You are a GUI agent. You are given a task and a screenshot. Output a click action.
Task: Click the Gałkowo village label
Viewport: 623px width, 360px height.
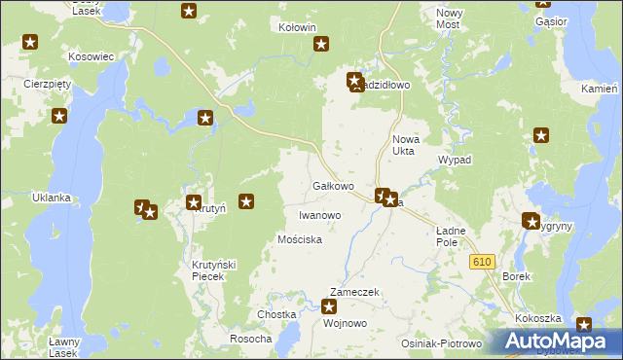pyautogui.click(x=332, y=186)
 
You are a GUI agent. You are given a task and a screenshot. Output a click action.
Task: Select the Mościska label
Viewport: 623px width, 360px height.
pyautogui.click(x=300, y=239)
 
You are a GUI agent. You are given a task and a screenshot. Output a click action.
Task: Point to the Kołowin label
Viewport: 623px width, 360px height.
pyautogui.click(x=297, y=28)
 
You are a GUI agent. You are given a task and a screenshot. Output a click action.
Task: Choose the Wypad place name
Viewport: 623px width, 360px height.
pyautogui.click(x=455, y=160)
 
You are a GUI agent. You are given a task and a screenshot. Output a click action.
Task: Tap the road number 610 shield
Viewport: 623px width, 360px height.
pyautogui.click(x=482, y=263)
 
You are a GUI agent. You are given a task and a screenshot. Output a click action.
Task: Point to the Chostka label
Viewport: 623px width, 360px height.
pyautogui.click(x=275, y=314)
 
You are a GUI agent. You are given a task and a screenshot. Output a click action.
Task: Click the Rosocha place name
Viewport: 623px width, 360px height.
pyautogui.click(x=250, y=339)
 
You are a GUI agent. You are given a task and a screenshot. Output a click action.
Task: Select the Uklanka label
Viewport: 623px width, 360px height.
pyautogui.click(x=52, y=198)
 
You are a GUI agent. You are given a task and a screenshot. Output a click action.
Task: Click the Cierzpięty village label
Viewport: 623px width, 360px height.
pyautogui.click(x=49, y=84)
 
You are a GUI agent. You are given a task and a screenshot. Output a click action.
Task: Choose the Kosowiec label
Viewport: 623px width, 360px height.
pyautogui.click(x=92, y=57)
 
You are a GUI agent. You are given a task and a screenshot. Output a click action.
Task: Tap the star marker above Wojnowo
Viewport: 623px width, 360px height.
pyautogui.click(x=329, y=307)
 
